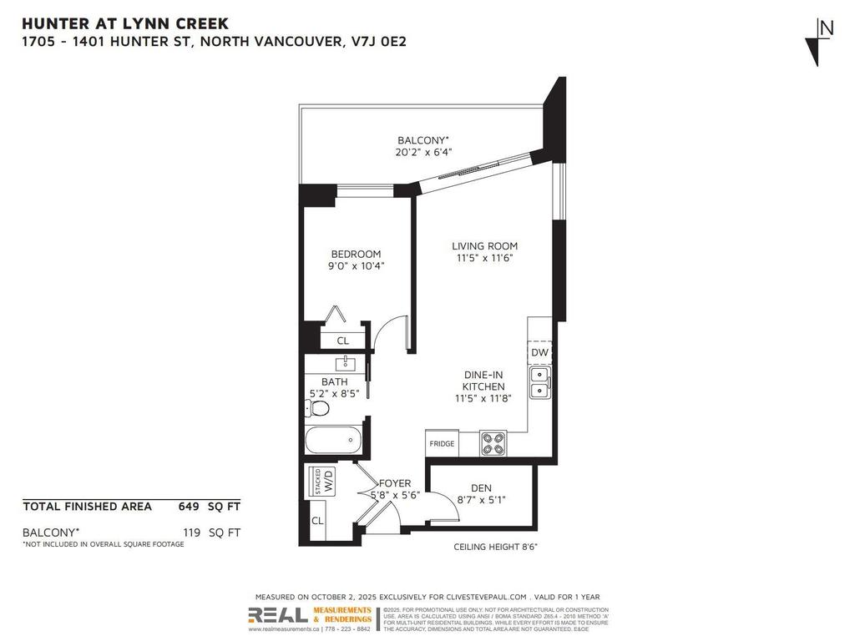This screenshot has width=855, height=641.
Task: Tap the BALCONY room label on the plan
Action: pyautogui.click(x=423, y=140)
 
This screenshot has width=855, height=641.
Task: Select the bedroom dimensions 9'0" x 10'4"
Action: pyautogui.click(x=357, y=266)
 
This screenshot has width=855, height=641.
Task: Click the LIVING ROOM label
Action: pyautogui.click(x=484, y=246)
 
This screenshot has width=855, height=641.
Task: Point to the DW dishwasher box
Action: pyautogui.click(x=539, y=353)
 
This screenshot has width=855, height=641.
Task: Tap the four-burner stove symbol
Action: pyautogui.click(x=493, y=443)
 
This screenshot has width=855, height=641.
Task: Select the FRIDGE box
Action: pyautogui.click(x=442, y=444)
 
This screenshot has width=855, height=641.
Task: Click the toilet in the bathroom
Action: pyautogui.click(x=317, y=408)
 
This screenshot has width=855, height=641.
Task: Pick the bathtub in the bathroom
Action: pyautogui.click(x=333, y=440)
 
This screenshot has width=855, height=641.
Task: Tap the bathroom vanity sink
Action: pyautogui.click(x=344, y=364)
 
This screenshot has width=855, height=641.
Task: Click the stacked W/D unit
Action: pyautogui.click(x=322, y=482)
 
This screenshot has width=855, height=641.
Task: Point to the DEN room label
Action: pyautogui.click(x=481, y=488)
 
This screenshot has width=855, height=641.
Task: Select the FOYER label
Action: pyautogui.click(x=395, y=483)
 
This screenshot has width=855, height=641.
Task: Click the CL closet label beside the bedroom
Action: pyautogui.click(x=343, y=341)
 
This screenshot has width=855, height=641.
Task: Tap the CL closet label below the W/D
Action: pyautogui.click(x=317, y=521)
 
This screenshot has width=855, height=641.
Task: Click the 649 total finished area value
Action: pyautogui.click(x=189, y=506)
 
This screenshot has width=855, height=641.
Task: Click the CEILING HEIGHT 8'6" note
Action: pyautogui.click(x=495, y=547)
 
